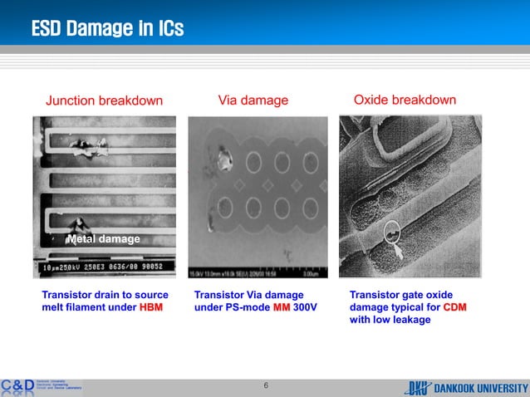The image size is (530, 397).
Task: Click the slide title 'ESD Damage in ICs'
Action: pos(107,29)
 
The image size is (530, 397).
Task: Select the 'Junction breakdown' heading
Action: pos(104,101)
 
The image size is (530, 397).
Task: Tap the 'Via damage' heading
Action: pos(253,100)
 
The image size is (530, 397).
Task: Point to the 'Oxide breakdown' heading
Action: pos(405,100)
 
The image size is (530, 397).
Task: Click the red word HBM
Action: pos(150,307)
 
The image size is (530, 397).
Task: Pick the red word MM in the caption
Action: pos(281,307)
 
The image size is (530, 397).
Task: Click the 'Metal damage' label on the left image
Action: pos(103,239)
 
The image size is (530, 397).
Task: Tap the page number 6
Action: pos(266,385)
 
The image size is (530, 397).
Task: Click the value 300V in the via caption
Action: pos(306,307)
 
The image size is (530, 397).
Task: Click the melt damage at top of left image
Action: pos(87,148)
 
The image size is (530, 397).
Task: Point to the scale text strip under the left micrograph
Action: pos(104,270)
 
